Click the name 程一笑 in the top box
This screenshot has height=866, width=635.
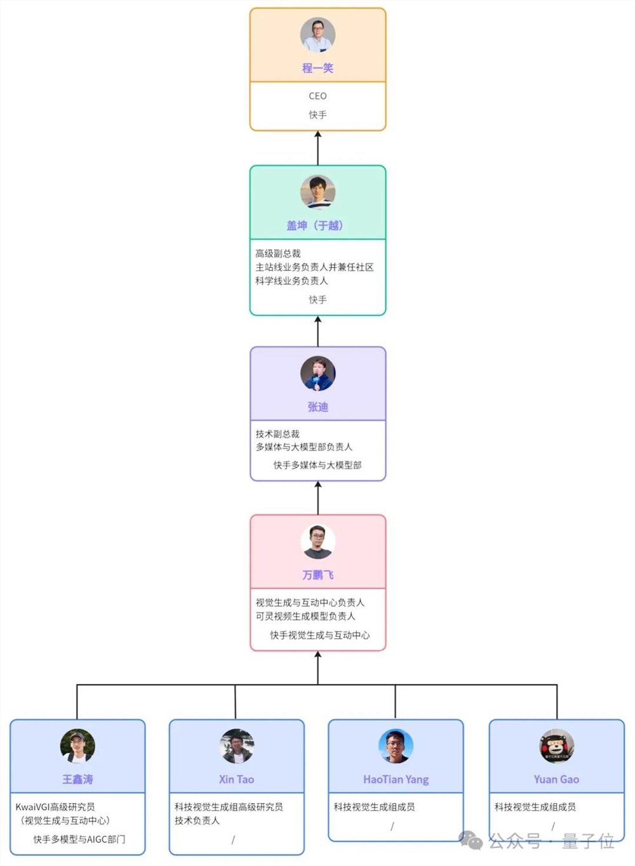317,68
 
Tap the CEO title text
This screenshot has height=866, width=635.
317,96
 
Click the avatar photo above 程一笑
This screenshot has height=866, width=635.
317,34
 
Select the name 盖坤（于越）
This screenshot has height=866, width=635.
314,225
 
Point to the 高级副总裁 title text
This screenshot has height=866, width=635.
278,253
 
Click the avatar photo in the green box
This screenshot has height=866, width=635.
317,192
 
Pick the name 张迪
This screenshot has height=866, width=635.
317,407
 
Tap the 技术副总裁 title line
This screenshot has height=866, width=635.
277,434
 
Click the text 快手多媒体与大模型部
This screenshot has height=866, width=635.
317,465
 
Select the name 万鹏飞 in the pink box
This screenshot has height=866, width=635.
317,575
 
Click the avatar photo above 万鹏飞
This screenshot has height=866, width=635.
317,542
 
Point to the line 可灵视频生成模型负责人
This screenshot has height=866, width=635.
305,616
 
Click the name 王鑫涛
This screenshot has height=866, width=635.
77,779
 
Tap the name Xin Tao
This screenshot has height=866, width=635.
236,779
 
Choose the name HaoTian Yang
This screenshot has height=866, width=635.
396,779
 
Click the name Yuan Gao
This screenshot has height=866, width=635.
556,779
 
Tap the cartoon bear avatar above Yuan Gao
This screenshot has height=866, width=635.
556,746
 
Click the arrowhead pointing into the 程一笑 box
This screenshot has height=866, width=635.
317,134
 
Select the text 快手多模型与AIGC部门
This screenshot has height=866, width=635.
79,839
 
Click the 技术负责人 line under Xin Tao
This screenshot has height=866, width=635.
197,820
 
